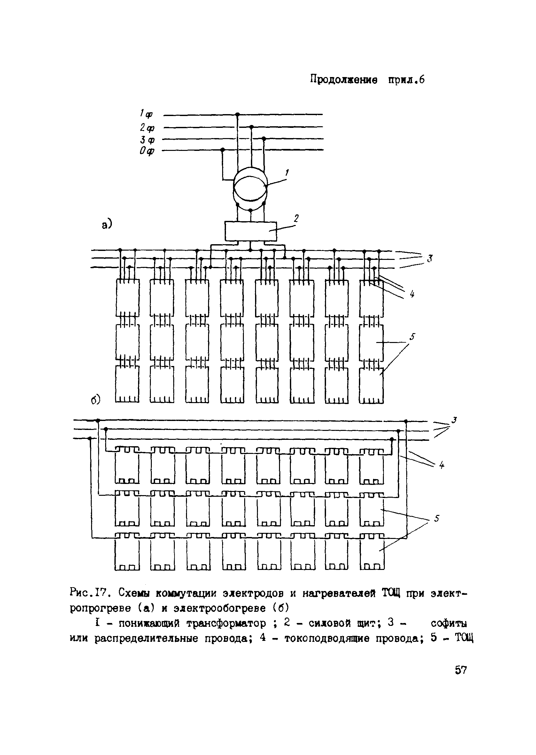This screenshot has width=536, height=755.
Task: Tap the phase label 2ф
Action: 147,127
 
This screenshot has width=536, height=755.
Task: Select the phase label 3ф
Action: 147,140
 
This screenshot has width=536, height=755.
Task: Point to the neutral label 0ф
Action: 146,152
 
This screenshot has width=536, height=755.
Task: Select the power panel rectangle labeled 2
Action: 251,231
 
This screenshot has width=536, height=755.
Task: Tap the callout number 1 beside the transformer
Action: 287,172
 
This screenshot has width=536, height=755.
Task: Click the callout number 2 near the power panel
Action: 296,218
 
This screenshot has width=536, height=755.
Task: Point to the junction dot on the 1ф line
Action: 237,114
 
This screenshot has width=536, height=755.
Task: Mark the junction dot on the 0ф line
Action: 222,150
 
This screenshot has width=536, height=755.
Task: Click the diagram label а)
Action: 107,225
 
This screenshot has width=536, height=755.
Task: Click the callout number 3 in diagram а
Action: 429,259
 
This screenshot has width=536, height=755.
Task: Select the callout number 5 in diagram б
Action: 437,518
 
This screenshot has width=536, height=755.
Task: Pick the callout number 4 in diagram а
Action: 412,294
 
